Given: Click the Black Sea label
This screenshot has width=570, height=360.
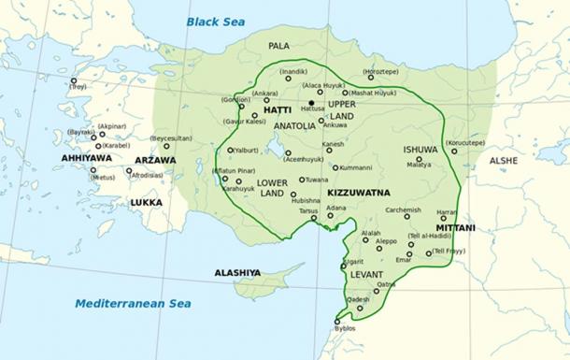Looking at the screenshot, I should point(215,21).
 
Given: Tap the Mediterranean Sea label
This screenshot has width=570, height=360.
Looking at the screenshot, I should point(133,303).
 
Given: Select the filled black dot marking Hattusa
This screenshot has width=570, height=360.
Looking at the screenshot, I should point(311,102).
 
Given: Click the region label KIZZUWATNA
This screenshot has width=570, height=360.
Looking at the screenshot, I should point(359,192).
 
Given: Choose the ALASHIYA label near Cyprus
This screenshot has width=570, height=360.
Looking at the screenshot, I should point(237,272).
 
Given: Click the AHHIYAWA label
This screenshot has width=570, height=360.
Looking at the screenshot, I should point(86,158).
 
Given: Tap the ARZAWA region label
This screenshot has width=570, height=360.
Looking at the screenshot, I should point(154,160).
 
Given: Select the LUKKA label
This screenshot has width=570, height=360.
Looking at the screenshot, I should point(146,202).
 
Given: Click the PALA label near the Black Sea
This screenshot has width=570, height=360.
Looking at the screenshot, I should point(278,45).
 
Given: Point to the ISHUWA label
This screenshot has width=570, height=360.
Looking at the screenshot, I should point(420,149).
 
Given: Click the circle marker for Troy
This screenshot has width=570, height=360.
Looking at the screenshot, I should point(74,80).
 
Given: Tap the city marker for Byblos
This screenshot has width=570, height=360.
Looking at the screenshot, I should point(338,322).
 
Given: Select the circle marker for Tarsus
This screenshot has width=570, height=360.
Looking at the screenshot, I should point(314,219).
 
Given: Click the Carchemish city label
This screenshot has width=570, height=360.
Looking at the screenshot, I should point(403,210).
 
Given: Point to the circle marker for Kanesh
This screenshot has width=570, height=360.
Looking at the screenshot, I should point(324,152).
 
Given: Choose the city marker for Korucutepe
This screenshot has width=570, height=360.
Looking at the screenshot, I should point(454,151).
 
